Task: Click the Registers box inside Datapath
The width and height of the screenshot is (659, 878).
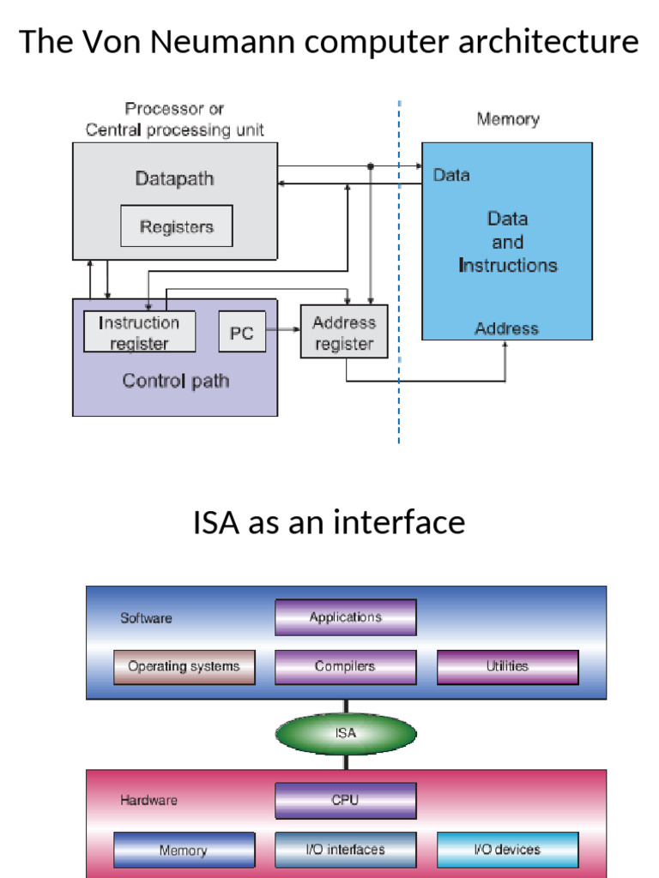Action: click(x=176, y=226)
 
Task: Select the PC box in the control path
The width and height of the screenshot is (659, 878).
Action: click(x=242, y=332)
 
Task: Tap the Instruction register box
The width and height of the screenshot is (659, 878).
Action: click(x=139, y=332)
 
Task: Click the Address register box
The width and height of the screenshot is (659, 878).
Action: click(x=343, y=333)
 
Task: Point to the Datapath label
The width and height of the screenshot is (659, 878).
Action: click(x=174, y=179)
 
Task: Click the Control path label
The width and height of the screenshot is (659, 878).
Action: click(x=175, y=381)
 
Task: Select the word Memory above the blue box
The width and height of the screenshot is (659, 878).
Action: click(x=508, y=119)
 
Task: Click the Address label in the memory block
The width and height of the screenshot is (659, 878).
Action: click(x=506, y=328)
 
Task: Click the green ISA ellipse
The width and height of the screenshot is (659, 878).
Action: click(x=346, y=734)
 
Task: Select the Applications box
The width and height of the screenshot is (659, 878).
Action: click(x=346, y=617)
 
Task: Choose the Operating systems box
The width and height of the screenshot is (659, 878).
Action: click(x=184, y=666)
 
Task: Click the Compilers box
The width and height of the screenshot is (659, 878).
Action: click(x=346, y=666)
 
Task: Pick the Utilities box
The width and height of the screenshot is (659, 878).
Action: click(x=507, y=666)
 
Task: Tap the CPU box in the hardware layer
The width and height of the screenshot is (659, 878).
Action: click(x=346, y=800)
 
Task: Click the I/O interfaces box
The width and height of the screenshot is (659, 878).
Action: click(x=346, y=850)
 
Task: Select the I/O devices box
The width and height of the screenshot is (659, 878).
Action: click(x=507, y=850)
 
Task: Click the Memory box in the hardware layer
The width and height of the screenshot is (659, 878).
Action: click(x=184, y=850)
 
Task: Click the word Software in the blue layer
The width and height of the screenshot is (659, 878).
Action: click(x=146, y=618)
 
